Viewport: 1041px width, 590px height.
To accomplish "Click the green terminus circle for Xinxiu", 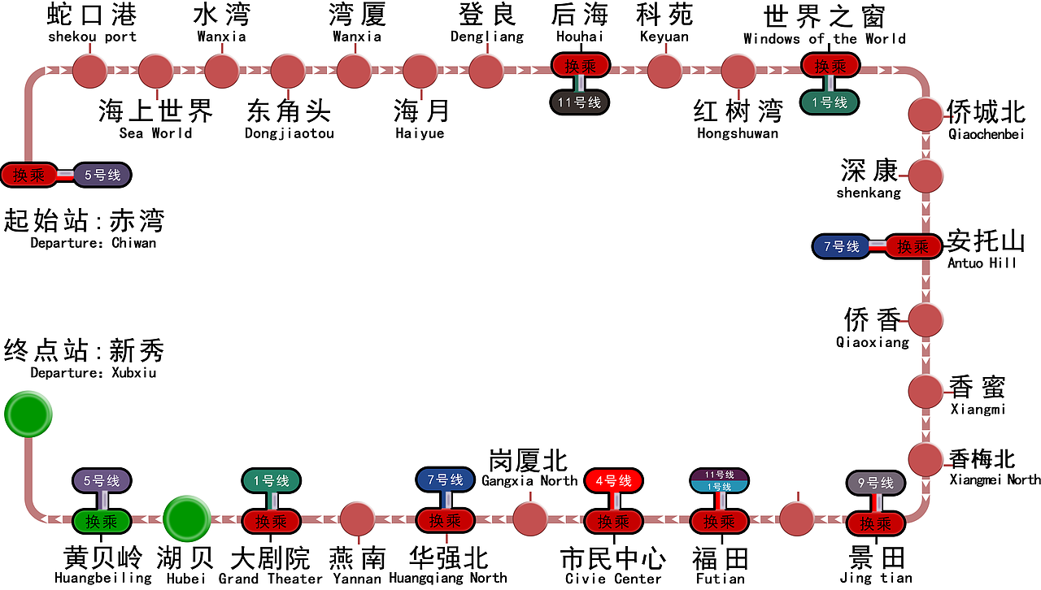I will tap(28, 414).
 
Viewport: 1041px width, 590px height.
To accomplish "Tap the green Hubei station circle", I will tap(186, 518).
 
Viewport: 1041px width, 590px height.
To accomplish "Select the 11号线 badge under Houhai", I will tap(580, 102).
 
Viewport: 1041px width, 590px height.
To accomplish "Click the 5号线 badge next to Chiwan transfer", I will tap(102, 175).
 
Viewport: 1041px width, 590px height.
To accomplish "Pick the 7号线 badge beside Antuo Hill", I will tap(840, 246).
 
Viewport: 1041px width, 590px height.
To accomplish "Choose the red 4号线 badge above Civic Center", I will tap(613, 481).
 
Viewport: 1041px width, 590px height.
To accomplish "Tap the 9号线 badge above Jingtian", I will tap(875, 484).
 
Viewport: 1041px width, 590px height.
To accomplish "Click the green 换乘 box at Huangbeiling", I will tap(102, 521).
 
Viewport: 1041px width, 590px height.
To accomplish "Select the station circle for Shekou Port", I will tap(89, 71).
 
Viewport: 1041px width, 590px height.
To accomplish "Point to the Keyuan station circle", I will tap(664, 71).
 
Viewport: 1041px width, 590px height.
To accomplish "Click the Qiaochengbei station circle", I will tap(925, 114).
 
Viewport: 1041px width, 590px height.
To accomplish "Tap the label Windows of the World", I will tap(824, 39).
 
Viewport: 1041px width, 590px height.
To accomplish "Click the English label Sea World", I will tap(155, 133).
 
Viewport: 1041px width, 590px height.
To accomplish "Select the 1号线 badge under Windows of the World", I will tap(829, 102).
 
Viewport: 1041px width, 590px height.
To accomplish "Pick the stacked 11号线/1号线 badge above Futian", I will tap(720, 480).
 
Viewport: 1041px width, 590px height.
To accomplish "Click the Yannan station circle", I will tap(356, 518).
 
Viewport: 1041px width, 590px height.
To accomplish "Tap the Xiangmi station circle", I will tap(925, 391).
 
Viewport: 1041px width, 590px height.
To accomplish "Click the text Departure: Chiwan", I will tap(93, 243).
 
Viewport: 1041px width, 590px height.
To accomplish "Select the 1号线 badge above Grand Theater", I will tap(271, 481).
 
